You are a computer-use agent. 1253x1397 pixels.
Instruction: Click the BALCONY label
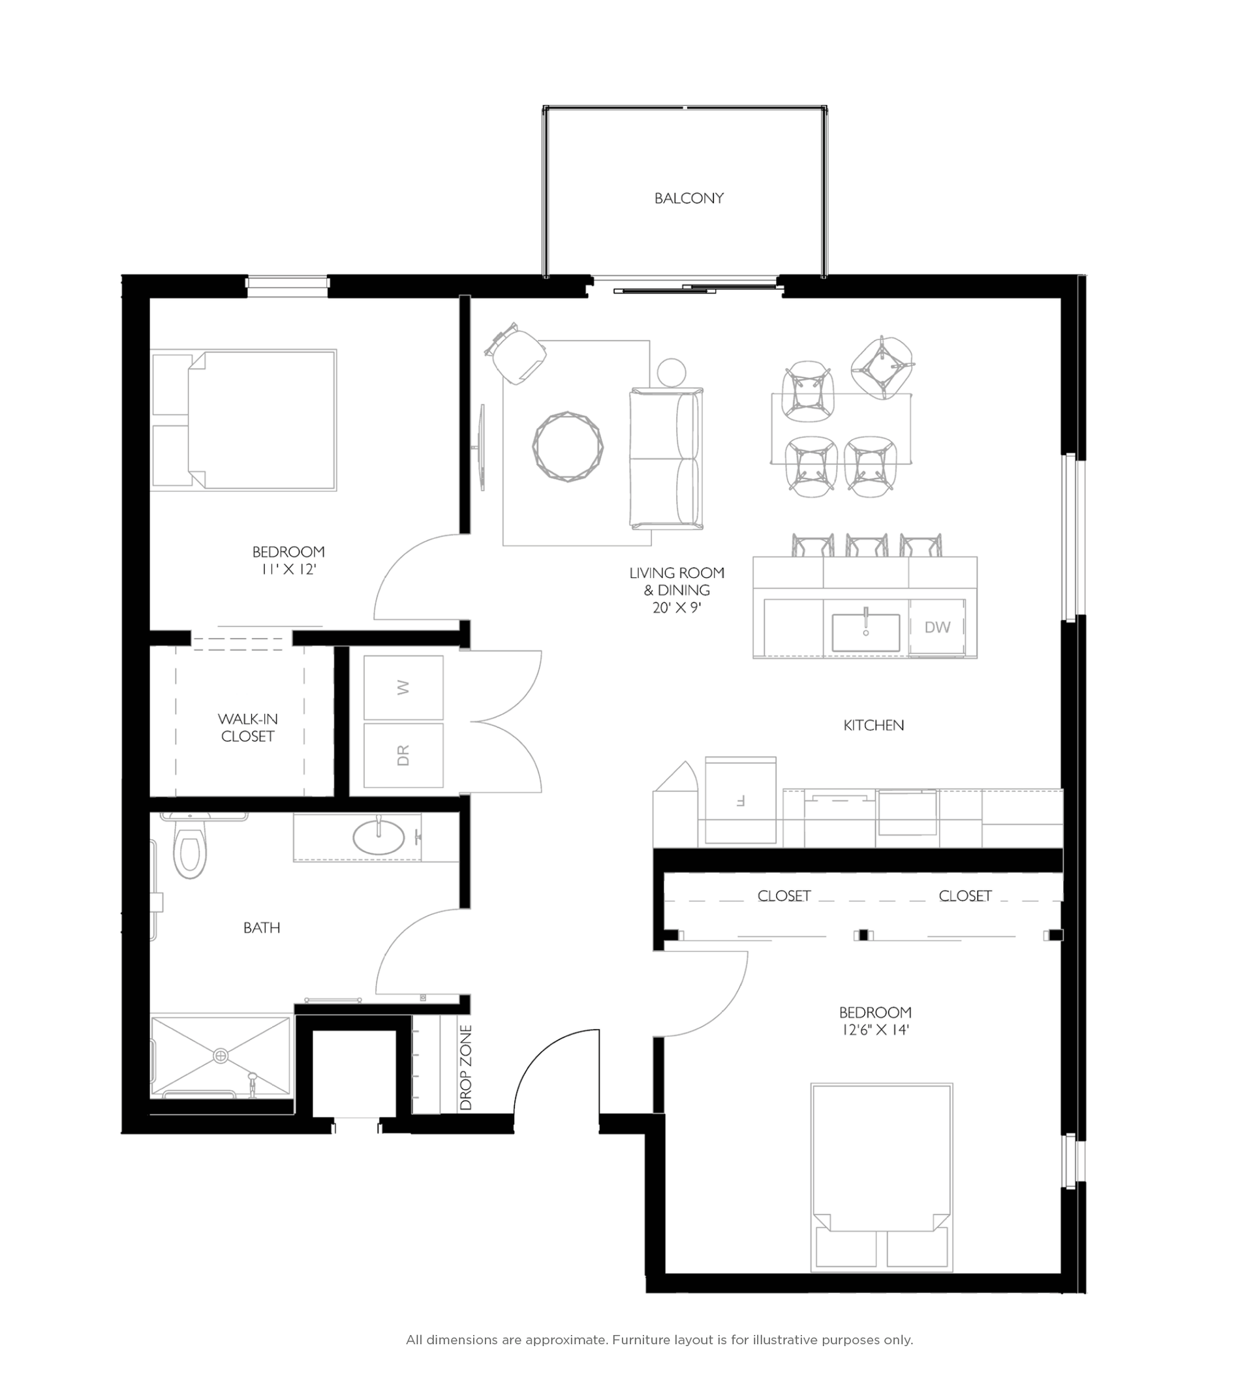688,198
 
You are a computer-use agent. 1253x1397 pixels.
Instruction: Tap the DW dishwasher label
937,627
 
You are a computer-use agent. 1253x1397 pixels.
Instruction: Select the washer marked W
403,688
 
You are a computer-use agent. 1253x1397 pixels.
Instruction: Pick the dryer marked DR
403,755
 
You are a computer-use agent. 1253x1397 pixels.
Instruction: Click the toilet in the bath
190,851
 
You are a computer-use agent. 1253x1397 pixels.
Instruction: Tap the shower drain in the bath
221,1055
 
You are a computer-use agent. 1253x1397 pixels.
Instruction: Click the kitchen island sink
865,632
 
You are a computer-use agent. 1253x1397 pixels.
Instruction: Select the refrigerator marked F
740,801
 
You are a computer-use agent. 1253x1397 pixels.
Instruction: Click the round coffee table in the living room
568,446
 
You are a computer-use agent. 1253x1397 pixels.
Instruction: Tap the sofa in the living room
666,458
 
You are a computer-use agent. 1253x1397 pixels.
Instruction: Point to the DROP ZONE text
466,1067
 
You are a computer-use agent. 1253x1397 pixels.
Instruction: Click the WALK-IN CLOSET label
248,728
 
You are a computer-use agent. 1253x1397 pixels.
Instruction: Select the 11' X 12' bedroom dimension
288,569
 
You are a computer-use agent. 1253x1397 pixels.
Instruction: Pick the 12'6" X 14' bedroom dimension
874,1030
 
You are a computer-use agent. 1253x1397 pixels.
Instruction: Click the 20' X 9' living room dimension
677,607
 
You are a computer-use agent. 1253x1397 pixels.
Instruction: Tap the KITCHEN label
873,726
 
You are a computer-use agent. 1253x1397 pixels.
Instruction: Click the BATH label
262,928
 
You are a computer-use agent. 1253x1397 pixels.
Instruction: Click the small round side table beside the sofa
672,373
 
